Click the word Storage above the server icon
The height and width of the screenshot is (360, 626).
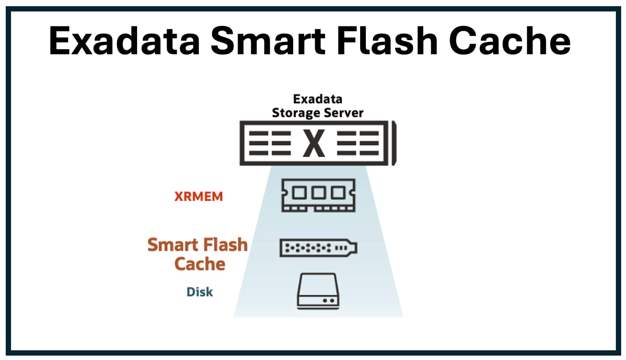point(294,112)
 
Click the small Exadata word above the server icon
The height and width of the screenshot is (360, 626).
point(317,99)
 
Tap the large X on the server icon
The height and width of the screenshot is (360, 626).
point(314,144)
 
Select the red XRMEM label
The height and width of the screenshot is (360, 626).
point(198,197)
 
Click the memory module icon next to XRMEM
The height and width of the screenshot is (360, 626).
point(318,195)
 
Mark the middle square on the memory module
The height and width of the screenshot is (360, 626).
point(318,192)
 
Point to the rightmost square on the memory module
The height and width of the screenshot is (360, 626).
point(337,192)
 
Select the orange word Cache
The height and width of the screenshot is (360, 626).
point(200,264)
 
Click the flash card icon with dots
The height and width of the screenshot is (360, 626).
point(318,248)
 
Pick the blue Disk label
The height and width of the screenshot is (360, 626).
point(200,292)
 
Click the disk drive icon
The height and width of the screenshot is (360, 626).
point(318,291)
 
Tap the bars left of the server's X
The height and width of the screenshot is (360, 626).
point(269,144)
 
